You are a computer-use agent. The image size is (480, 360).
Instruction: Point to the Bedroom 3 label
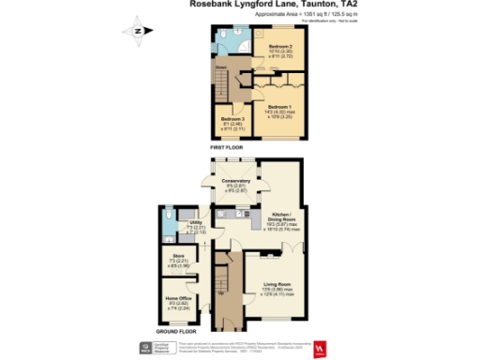(232, 119)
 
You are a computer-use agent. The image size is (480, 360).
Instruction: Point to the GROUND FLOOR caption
(176, 330)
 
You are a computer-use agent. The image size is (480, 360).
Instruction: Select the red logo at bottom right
(322, 349)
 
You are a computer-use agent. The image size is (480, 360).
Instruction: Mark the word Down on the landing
(223, 67)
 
